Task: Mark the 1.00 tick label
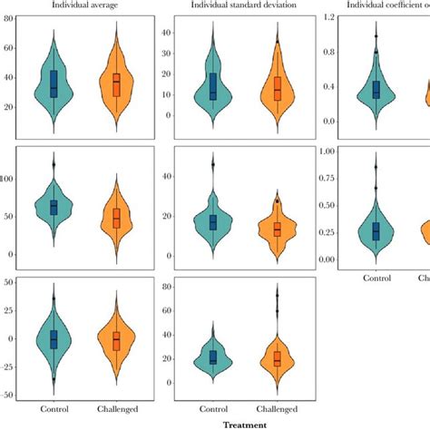click(x=320, y=151)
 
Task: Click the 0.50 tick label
click(x=320, y=205)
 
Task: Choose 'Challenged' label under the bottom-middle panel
click(x=277, y=409)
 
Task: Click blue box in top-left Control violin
click(x=54, y=83)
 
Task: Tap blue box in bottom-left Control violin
click(x=54, y=338)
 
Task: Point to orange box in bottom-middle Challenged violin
click(x=277, y=359)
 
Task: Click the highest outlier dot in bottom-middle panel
click(x=277, y=295)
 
